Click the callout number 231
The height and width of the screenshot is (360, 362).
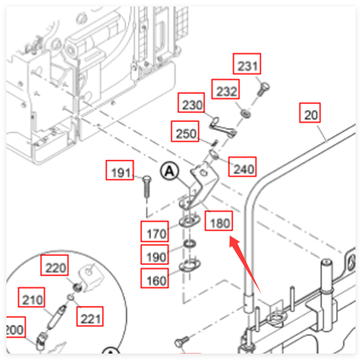[x=247, y=64]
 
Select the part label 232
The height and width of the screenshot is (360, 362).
[x=225, y=89]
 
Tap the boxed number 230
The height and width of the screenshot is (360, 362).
[x=191, y=102]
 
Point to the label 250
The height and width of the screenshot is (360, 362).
[x=185, y=131]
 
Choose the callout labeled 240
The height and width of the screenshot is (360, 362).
[x=243, y=166]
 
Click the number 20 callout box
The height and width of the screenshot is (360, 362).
[x=310, y=112]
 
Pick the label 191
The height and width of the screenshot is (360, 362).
[x=119, y=170]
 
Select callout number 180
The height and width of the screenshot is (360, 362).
[x=218, y=221]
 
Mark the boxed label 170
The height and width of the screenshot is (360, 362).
[x=155, y=231]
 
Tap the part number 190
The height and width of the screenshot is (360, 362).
[x=155, y=255]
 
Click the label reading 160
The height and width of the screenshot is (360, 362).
[x=155, y=278]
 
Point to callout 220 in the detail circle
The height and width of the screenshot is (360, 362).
[x=55, y=265]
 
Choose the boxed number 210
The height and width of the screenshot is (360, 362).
[x=31, y=297]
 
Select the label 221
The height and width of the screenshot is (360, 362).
[x=90, y=317]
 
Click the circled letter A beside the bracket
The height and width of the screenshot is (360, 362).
[x=169, y=171]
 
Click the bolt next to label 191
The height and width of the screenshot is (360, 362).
[x=147, y=186]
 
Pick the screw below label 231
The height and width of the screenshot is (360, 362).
[x=263, y=89]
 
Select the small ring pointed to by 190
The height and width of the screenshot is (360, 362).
[x=189, y=243]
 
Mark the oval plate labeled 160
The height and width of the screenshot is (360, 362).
[x=190, y=265]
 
